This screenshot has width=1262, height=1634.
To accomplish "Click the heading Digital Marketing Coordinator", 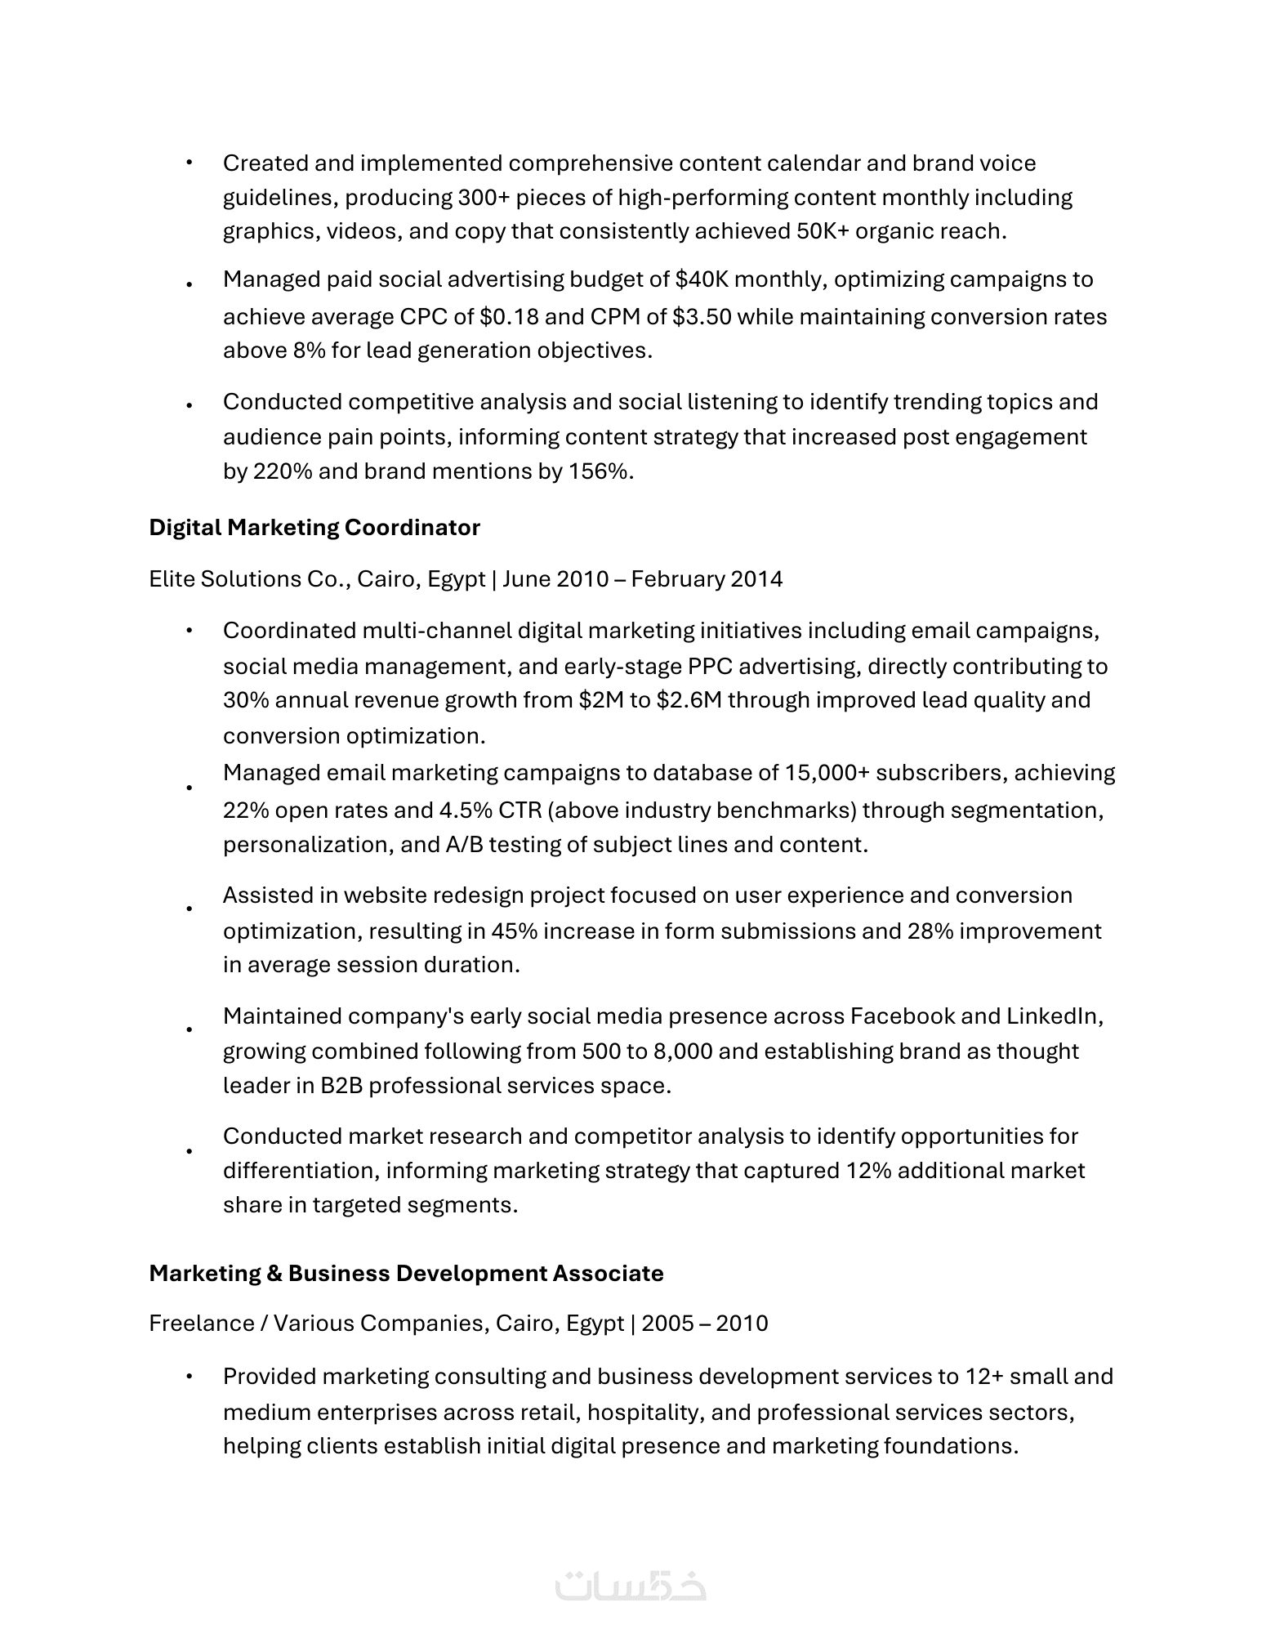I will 314,528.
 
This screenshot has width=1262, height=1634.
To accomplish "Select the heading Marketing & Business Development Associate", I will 406,1273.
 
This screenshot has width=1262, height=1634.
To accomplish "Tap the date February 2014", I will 707,579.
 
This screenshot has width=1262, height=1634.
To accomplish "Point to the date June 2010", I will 555,579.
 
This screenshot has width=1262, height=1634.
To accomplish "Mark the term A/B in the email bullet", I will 464,844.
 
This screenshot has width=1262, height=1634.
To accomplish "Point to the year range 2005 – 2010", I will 704,1323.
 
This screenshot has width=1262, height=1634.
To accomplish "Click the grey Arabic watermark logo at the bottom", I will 630,1586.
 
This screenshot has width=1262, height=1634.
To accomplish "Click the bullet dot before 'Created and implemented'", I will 189,163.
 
